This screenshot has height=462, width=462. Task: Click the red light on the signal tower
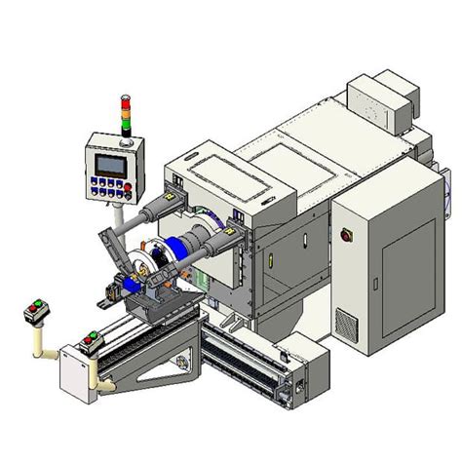click(x=124, y=99)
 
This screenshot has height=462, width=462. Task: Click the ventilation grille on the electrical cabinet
click(x=347, y=320)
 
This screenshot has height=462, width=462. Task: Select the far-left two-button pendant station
click(x=36, y=311)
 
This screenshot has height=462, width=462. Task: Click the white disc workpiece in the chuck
click(x=140, y=269)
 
